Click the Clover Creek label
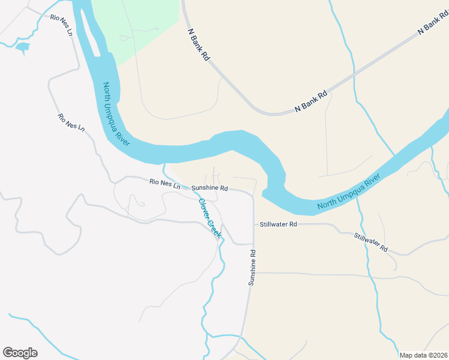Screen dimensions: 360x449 click(x=209, y=218)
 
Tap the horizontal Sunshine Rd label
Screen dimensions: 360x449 click(x=209, y=188)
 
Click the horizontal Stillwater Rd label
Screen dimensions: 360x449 click(x=279, y=224)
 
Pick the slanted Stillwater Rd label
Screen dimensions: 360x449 click(x=370, y=242)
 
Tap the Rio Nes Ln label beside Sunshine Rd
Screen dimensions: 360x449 click(x=164, y=184)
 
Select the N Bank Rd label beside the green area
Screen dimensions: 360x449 click(x=198, y=44)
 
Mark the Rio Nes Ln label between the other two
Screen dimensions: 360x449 click(x=71, y=123)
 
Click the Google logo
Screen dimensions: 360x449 click(x=20, y=353)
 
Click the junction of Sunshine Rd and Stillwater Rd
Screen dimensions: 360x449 click(x=254, y=224)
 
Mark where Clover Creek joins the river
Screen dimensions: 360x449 click(x=165, y=164)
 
